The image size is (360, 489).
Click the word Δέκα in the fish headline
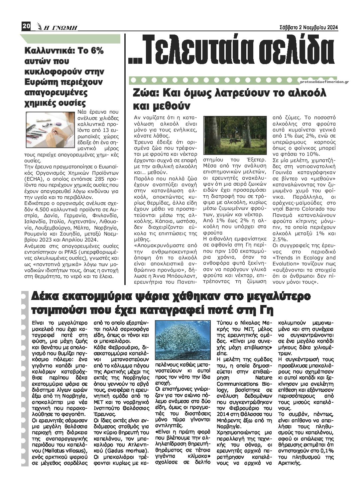pyautogui.click(x=46, y=296)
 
